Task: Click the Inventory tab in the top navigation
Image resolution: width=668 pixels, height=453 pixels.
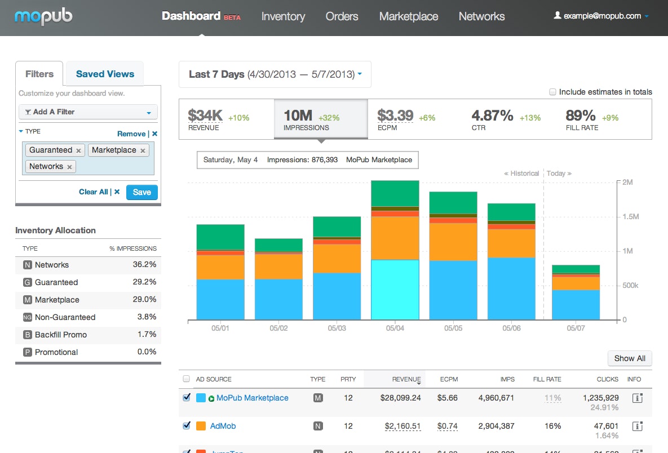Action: coord(283,16)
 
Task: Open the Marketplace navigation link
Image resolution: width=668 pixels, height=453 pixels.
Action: coord(408,16)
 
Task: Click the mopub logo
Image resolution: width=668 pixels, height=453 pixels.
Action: coord(43,16)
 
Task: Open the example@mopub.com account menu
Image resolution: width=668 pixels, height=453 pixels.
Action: coord(601,16)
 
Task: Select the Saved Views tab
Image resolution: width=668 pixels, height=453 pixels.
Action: coord(105,74)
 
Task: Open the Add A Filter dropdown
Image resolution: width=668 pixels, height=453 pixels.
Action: coord(88,112)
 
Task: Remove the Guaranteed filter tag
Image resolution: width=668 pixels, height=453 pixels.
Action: coord(79,150)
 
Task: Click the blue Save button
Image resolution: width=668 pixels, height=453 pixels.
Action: coord(141,192)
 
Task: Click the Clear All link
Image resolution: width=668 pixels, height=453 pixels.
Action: coord(94,192)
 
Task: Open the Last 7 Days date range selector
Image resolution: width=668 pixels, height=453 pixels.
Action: coord(275,74)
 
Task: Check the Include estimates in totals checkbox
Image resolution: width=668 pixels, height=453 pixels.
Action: coord(553,92)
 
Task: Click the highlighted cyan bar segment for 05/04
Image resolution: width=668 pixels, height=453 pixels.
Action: coord(395,290)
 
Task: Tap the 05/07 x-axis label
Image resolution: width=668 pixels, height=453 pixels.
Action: coord(576,327)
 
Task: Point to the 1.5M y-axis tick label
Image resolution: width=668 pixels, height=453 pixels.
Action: coord(630,217)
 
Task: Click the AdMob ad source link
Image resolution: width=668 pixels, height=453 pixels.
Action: coord(223,426)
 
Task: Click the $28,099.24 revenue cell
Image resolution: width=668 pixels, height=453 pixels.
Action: coord(400,398)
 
